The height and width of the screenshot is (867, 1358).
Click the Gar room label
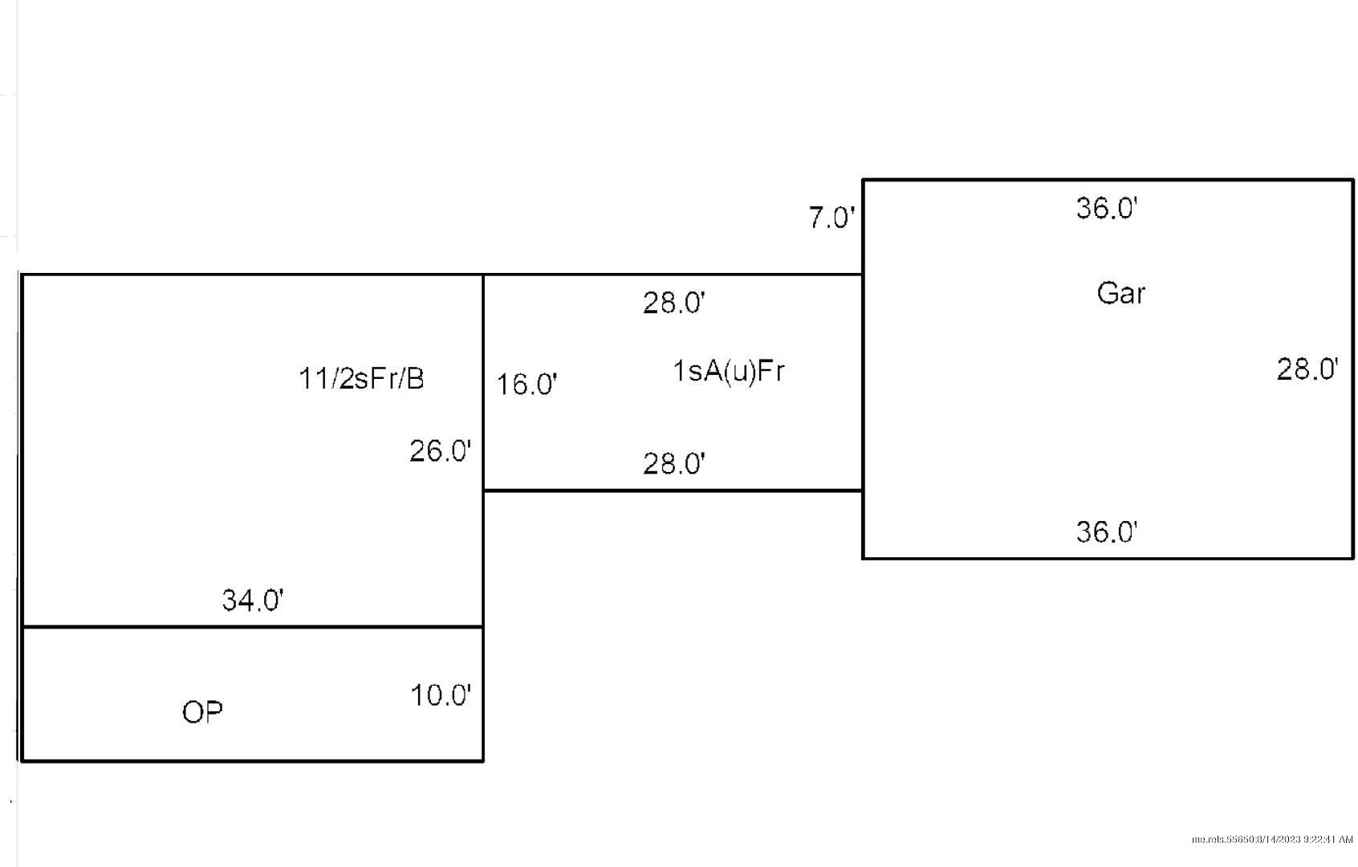[x=1121, y=294]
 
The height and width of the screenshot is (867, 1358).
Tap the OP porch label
[x=202, y=712]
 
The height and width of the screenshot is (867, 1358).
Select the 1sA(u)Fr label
[x=729, y=371]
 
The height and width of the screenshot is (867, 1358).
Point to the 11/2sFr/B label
[x=361, y=379]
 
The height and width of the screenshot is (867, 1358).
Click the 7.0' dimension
[x=831, y=218]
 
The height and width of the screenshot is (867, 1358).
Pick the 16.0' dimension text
[x=527, y=385]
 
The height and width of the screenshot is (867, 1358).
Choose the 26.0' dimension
[x=440, y=451]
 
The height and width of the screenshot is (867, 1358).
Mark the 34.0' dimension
[x=253, y=600]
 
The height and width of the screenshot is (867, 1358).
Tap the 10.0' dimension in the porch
[x=441, y=695]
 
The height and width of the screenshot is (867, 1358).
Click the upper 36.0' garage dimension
[x=1107, y=208]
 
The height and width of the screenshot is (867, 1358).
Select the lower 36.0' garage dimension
[x=1107, y=531]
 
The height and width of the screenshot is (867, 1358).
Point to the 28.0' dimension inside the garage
[x=1307, y=369]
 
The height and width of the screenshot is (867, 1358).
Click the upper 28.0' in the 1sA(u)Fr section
[x=674, y=303]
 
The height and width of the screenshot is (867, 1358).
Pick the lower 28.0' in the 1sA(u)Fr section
[x=674, y=464]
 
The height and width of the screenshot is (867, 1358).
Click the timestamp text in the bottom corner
[x=1272, y=840]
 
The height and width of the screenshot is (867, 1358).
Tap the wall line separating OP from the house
[x=253, y=627]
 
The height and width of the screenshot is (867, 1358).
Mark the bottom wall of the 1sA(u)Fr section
[x=673, y=490]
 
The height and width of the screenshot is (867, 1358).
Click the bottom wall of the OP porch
[x=253, y=760]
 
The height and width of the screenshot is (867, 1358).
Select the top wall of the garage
[x=1108, y=180]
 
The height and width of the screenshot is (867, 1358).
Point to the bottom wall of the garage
[x=1108, y=558]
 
